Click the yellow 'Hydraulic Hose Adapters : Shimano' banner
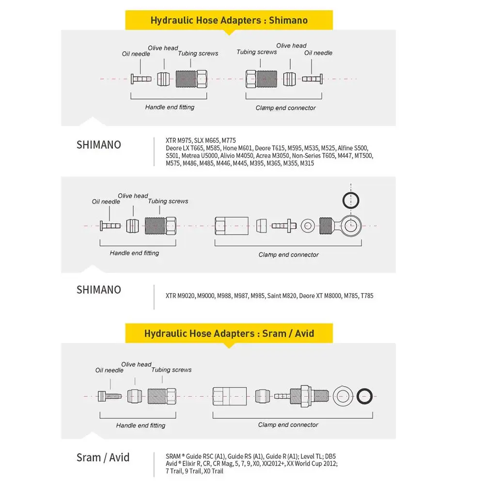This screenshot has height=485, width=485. (229, 20)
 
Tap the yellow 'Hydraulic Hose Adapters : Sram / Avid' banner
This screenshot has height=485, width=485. (229, 333)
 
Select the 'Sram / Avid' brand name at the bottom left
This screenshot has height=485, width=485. (103, 457)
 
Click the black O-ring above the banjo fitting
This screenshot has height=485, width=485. (351, 198)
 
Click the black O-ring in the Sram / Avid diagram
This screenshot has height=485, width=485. (365, 395)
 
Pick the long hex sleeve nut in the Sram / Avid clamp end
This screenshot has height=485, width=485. (230, 395)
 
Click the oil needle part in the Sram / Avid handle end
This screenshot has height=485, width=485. (109, 395)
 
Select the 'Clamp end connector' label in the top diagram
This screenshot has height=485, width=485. (285, 108)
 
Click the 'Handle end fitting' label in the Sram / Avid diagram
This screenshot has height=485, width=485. (141, 425)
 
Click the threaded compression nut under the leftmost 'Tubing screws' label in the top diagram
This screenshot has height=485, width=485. (191, 78)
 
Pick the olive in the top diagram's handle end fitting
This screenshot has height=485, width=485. (164, 78)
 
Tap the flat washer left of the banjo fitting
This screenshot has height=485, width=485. (307, 225)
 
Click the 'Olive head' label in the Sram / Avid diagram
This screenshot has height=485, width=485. (136, 364)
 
